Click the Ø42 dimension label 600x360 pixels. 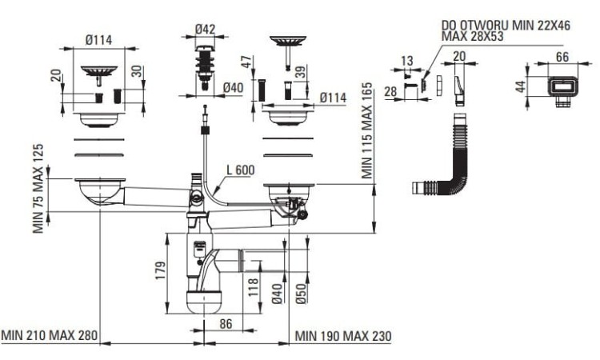tap(205, 30)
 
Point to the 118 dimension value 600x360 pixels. tap(254, 286)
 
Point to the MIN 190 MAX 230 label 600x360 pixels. tap(343, 336)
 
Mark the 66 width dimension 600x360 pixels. tap(561, 57)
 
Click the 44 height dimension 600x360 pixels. tap(519, 86)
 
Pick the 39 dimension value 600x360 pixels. tap(299, 73)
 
